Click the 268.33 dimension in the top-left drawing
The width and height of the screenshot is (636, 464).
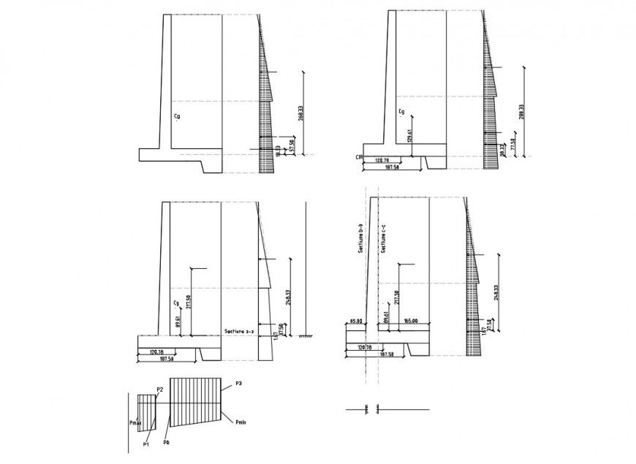300,113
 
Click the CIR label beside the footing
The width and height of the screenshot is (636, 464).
359,157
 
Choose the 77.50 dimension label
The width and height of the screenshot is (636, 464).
513,144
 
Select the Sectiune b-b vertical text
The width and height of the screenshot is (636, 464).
360,238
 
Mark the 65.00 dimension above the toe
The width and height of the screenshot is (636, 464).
357,321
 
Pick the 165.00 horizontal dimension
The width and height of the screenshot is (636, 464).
409,321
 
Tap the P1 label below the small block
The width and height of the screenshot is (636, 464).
146,444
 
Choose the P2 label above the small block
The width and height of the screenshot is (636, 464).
159,389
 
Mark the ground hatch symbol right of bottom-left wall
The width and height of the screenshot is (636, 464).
306,336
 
